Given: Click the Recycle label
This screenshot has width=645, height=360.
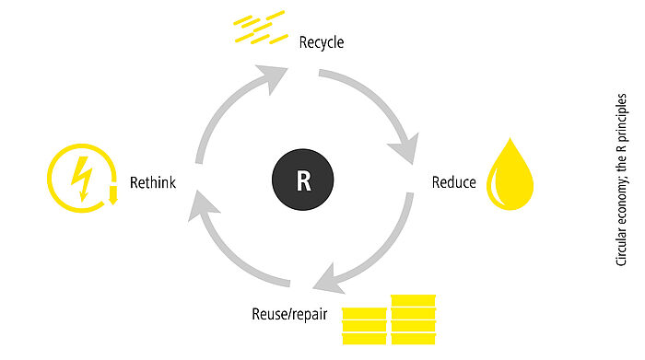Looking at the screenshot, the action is point(322,42).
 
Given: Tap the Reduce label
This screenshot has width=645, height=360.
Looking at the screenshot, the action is point(453,182).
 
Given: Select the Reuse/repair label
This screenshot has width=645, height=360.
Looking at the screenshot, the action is point(289,314).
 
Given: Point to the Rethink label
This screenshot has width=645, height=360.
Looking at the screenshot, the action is point(153,182).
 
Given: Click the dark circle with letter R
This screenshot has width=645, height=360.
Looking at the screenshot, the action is point(303,180).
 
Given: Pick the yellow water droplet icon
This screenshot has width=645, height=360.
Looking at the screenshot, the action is point(510,174).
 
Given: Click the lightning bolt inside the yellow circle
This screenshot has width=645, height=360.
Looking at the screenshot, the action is point(82,178).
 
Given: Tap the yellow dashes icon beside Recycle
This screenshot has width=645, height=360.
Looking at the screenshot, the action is point(261,28).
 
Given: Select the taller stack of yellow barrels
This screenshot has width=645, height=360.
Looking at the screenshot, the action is point(413,319).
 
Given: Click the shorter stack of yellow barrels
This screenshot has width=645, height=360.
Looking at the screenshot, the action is point(365,326).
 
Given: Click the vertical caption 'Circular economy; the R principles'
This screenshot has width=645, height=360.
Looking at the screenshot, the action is point(621,180).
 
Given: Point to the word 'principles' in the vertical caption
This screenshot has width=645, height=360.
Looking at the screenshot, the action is point(621,117).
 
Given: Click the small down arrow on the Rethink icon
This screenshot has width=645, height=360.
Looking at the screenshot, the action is point(112,195).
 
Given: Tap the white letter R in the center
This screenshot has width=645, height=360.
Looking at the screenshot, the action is point(303,180).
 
